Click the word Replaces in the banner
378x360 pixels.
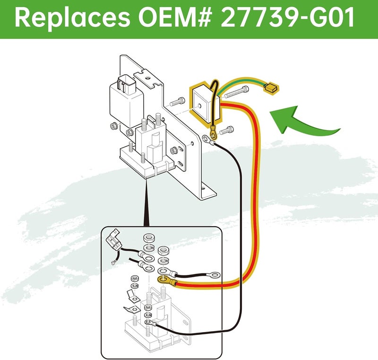point(72,18)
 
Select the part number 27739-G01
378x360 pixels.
point(287,18)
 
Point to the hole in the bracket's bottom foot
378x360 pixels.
point(204,187)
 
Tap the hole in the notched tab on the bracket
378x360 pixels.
point(147,78)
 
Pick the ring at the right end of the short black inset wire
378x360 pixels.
point(215,274)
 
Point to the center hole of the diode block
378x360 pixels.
point(199,105)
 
